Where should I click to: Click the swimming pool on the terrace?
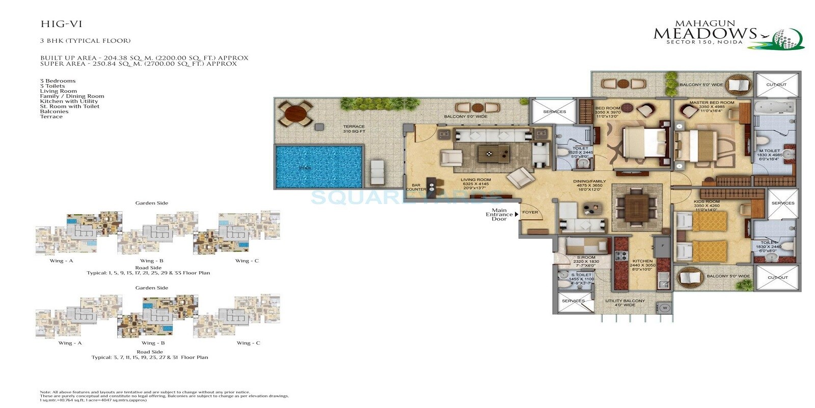point(319,167)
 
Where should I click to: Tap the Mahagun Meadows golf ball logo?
point(787,39)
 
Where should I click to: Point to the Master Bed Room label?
point(712,103)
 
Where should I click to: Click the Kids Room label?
point(707,202)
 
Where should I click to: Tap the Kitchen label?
point(642,261)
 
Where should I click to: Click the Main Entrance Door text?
point(499,215)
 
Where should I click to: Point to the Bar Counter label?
point(416,187)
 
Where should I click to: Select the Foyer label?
point(530,212)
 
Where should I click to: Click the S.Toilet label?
point(581,275)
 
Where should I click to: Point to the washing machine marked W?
point(664,308)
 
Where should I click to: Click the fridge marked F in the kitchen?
point(662,246)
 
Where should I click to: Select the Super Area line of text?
point(139,64)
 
